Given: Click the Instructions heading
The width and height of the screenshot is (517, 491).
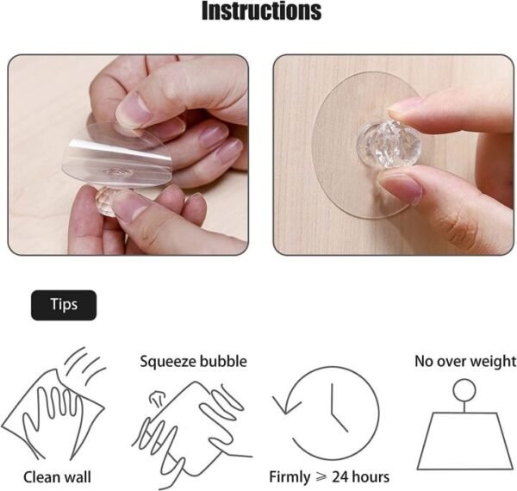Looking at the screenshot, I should (x=261, y=12).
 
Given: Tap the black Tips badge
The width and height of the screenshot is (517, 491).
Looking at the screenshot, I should (x=64, y=305).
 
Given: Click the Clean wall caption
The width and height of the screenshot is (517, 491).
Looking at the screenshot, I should (x=57, y=476).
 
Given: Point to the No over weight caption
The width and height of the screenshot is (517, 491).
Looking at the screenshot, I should (x=464, y=361).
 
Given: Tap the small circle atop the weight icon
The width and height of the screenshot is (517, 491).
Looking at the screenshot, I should (x=464, y=388).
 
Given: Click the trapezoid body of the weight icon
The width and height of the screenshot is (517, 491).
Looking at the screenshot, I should (x=464, y=439).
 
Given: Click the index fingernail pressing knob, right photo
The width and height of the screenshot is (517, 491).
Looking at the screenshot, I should (x=405, y=107).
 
